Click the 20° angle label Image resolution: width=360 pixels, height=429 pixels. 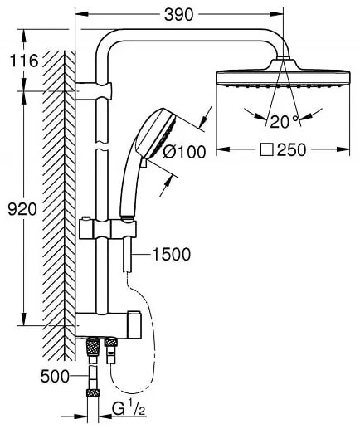click(285, 121)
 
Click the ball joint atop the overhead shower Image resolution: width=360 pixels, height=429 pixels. click(284, 61)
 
